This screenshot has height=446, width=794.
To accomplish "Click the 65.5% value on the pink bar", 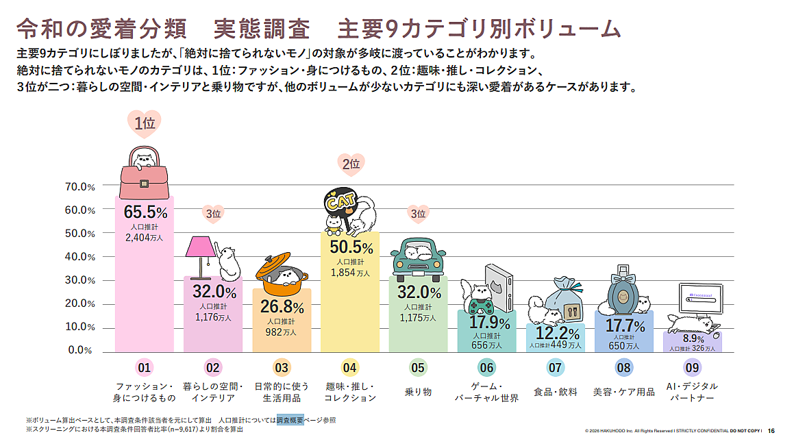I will pos(145,212).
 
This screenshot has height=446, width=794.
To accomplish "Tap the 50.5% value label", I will pos(351,247).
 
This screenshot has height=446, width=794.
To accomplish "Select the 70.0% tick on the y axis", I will pos(80,186).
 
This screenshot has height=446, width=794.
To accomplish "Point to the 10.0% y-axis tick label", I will pos(80,327).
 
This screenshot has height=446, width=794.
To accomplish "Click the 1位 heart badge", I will pos(144,123).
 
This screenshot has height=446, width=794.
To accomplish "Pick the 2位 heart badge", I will pos(351,164).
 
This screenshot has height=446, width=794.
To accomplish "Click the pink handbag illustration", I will pos(144,172).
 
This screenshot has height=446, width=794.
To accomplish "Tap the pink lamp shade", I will pos(201,245).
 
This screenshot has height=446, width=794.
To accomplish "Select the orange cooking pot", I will pos(282,271).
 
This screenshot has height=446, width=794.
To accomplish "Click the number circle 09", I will pos(692,368).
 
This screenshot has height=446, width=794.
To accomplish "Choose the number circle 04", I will pos(350,368).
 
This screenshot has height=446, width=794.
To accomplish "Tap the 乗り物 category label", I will pos(418,392).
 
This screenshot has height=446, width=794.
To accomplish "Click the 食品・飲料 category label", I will pos(555,392).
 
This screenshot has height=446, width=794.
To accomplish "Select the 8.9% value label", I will pos(693,338).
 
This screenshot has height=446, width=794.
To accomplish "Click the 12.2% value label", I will pos(556,334).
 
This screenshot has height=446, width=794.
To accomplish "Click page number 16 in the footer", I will pos(771,430).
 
